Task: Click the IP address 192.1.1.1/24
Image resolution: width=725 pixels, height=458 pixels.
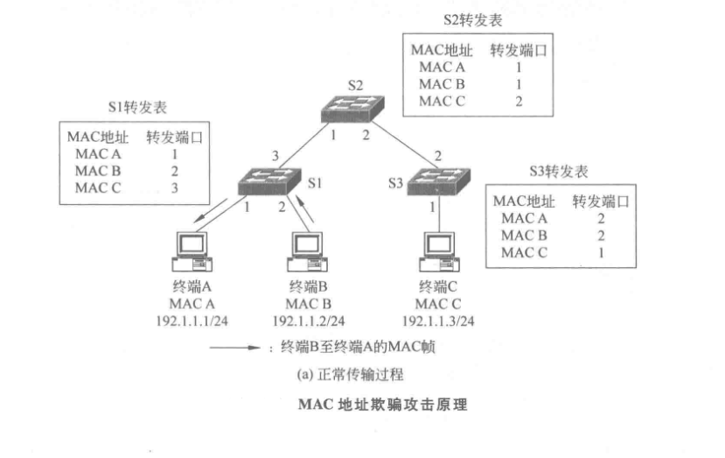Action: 190,321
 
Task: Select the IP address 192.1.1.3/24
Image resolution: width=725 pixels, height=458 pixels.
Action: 438,321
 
